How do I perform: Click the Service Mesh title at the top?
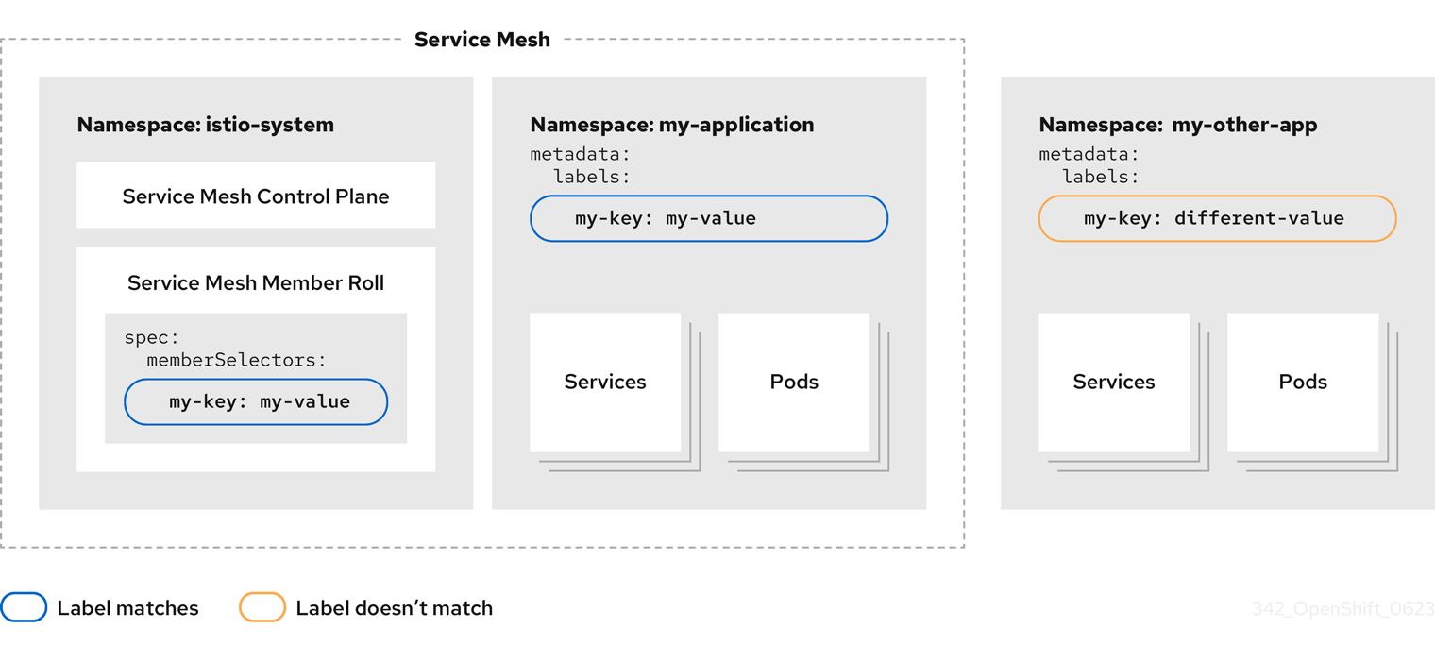[x=481, y=40]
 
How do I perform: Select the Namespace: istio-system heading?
[x=205, y=125]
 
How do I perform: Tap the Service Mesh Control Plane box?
[x=255, y=196]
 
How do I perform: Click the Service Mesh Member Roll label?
[x=255, y=282]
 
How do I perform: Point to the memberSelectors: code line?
[x=236, y=360]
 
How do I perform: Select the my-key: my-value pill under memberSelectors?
[x=256, y=401]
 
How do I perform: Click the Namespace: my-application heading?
[x=671, y=125]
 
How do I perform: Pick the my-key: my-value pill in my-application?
[x=708, y=218]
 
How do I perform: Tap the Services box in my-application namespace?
[x=605, y=382]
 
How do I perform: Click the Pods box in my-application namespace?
[x=794, y=382]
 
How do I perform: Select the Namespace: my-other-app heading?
[x=1177, y=125]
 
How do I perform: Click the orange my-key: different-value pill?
[x=1217, y=218]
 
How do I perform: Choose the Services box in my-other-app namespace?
[x=1114, y=382]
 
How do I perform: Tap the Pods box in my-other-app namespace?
[x=1303, y=382]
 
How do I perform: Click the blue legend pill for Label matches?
[x=24, y=607]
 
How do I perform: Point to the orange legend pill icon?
[x=262, y=607]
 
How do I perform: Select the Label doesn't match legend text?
[x=394, y=608]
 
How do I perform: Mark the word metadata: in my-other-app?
[x=1089, y=154]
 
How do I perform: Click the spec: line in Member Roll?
[x=151, y=337]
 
